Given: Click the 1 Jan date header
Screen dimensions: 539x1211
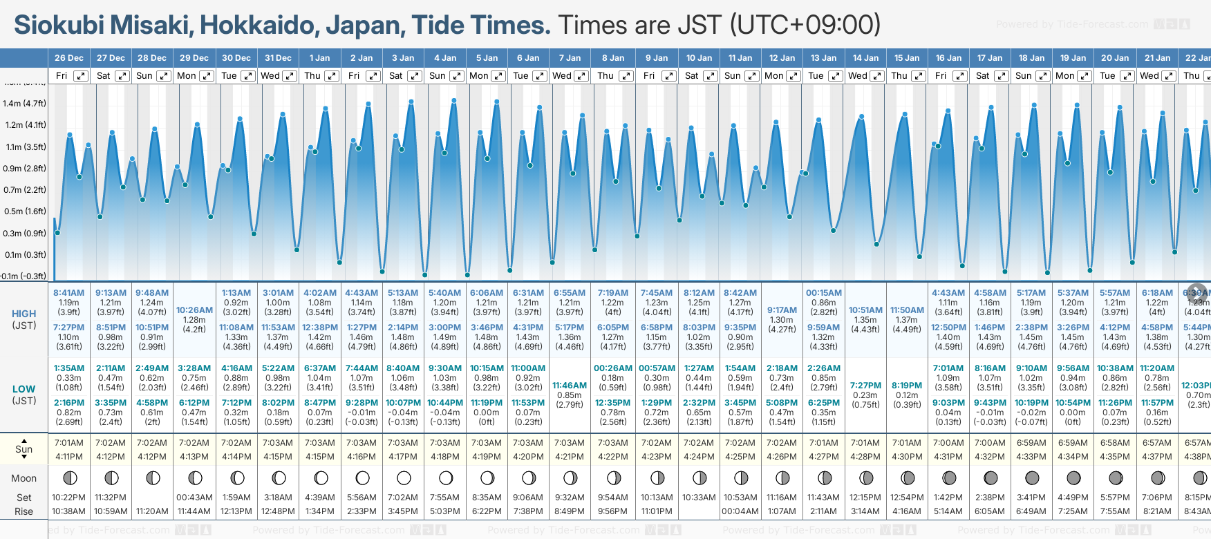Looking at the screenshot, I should coord(319,58).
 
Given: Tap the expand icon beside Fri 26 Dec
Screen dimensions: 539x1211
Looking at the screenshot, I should coord(81,76).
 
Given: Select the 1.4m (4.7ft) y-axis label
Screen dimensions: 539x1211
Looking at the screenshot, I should coord(24,104).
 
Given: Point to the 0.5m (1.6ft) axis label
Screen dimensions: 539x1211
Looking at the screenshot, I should coord(24,211).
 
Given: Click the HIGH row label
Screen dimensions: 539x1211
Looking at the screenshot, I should coord(24,314).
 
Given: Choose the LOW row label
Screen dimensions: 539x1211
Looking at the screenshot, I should coord(24,389).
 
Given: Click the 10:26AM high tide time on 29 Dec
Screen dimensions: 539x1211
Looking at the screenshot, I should coord(194,310).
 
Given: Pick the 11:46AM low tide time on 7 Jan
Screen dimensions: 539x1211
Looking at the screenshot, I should coord(570,386).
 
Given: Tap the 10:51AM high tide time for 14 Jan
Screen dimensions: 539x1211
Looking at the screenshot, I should coord(865,310).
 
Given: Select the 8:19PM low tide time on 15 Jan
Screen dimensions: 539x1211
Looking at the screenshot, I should coord(907,386).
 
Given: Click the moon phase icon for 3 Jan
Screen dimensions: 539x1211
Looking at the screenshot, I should coord(404,477).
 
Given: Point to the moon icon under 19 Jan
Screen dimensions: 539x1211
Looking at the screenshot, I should coord(1073,477).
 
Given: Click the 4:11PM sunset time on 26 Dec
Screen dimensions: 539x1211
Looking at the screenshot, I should coord(68,457).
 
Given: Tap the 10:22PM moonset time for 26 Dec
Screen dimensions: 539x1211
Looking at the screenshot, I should coord(68,498).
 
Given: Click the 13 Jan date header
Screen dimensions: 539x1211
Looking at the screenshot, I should coord(824,58).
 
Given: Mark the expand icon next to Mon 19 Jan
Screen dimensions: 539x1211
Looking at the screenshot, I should coord(1085,76).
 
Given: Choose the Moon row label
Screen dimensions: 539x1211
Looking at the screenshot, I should coord(24,478).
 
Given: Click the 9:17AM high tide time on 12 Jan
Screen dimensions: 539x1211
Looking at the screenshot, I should coord(782,310).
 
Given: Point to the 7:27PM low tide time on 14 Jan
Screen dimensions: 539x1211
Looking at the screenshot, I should coord(865,386).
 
